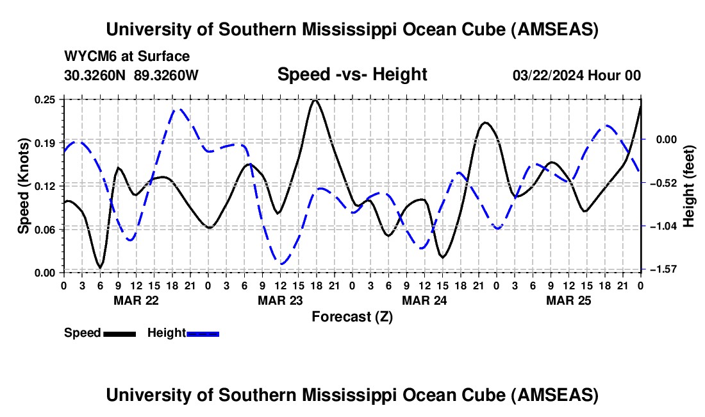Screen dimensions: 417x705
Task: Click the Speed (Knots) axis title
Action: click(24, 186)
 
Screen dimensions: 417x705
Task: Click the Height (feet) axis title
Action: click(689, 185)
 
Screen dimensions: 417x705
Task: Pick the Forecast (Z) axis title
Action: click(352, 316)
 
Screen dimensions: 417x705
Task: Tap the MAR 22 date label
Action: click(136, 300)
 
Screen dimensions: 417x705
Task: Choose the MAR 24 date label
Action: click(424, 300)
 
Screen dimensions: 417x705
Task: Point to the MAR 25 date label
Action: click(568, 300)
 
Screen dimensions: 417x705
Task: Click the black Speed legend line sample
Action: click(119, 334)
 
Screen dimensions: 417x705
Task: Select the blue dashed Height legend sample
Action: click(203, 334)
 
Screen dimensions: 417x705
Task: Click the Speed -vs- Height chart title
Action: click(352, 74)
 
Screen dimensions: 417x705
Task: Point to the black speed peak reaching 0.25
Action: click(314, 100)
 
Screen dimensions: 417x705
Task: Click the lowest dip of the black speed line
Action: click(99, 267)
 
